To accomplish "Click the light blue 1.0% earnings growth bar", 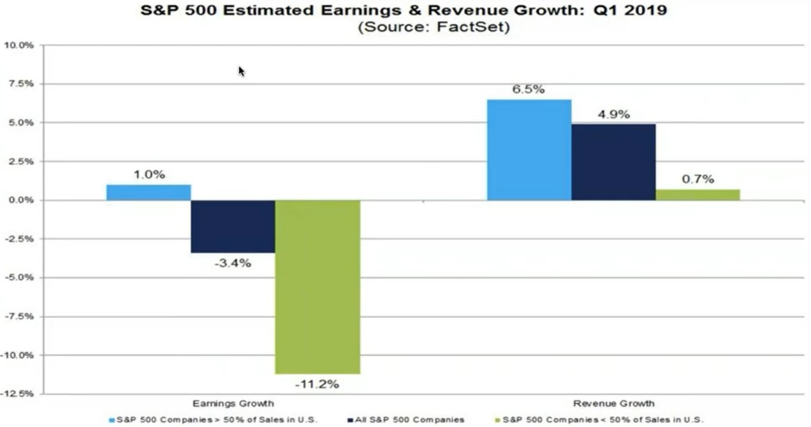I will [x=149, y=192].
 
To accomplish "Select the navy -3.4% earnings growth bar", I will [x=233, y=226].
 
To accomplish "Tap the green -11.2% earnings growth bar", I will [x=318, y=287].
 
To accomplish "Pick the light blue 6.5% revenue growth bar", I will [x=529, y=150].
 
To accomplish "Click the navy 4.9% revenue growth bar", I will [x=613, y=162].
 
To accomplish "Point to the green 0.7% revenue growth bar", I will [x=698, y=195].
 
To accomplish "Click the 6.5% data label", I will [x=529, y=89].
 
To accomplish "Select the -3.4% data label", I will [x=232, y=263].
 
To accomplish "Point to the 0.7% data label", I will [x=698, y=179].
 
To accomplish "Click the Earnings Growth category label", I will [x=233, y=403].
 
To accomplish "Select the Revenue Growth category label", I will [x=613, y=403].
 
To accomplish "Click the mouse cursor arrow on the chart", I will [x=242, y=71].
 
